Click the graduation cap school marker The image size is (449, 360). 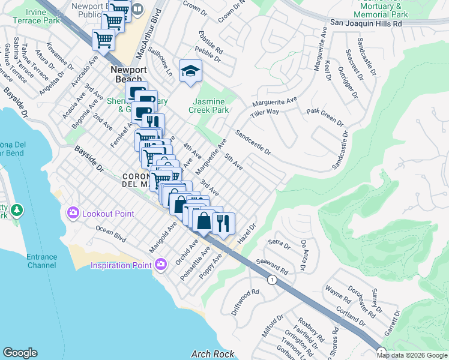tap(191, 72)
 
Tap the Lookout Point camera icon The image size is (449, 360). tap(73, 212)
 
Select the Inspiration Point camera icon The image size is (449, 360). tap(160, 264)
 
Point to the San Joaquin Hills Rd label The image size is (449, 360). tap(366, 23)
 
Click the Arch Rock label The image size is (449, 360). tap(208, 354)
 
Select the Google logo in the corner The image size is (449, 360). tap(20, 353)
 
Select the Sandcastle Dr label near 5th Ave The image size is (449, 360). tap(253, 142)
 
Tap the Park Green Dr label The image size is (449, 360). tap(325, 116)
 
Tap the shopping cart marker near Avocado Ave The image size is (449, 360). tap(103, 40)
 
